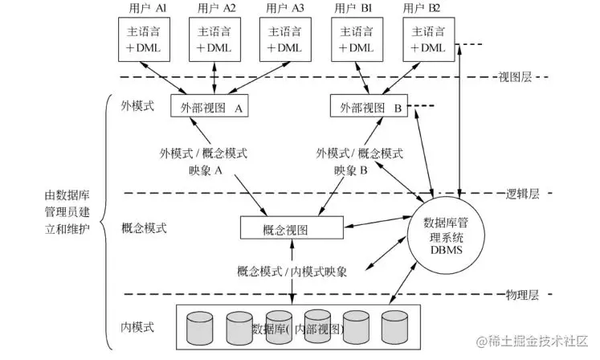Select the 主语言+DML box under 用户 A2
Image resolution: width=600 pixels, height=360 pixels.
(218, 39)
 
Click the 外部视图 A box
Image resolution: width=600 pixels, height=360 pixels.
(207, 107)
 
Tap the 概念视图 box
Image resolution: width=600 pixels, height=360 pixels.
(286, 230)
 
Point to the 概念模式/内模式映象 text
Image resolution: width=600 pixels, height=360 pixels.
(292, 272)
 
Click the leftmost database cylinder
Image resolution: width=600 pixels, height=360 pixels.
(201, 327)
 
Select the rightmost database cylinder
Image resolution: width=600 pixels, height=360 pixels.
(395, 327)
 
